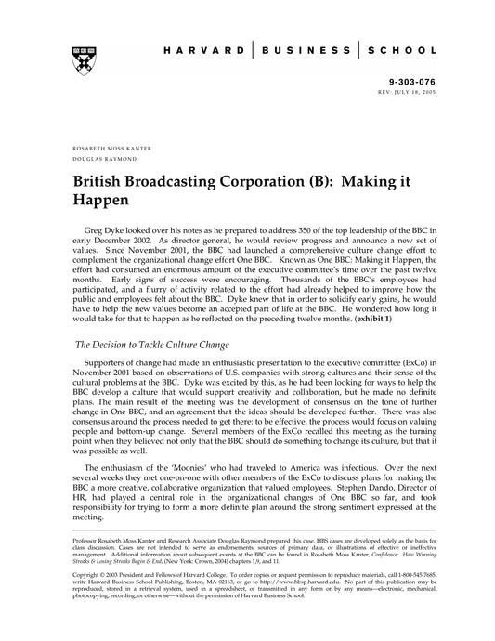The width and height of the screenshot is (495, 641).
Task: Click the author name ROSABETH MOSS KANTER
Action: tap(111, 149)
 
